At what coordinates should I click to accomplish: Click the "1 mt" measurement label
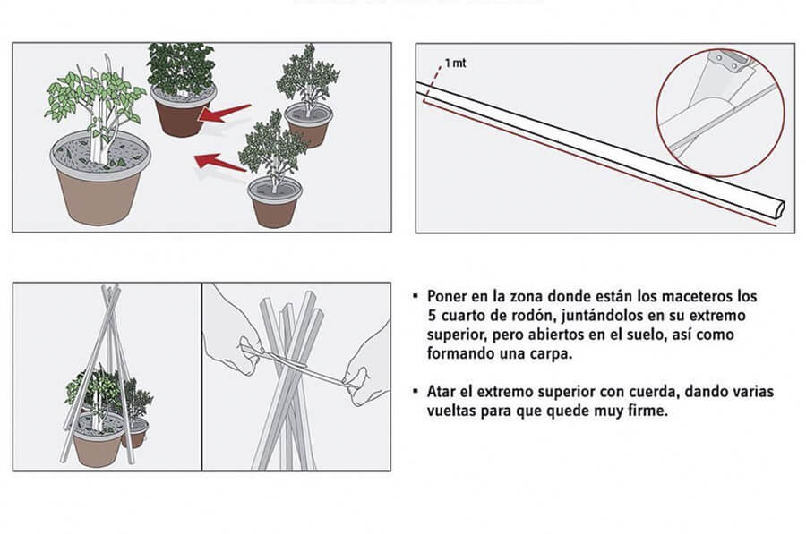456,64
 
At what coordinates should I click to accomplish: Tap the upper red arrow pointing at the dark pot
225,113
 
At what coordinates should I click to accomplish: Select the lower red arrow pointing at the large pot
220,162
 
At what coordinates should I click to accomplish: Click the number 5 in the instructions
432,315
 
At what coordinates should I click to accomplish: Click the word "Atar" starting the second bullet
442,391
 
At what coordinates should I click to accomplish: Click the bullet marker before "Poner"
416,296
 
